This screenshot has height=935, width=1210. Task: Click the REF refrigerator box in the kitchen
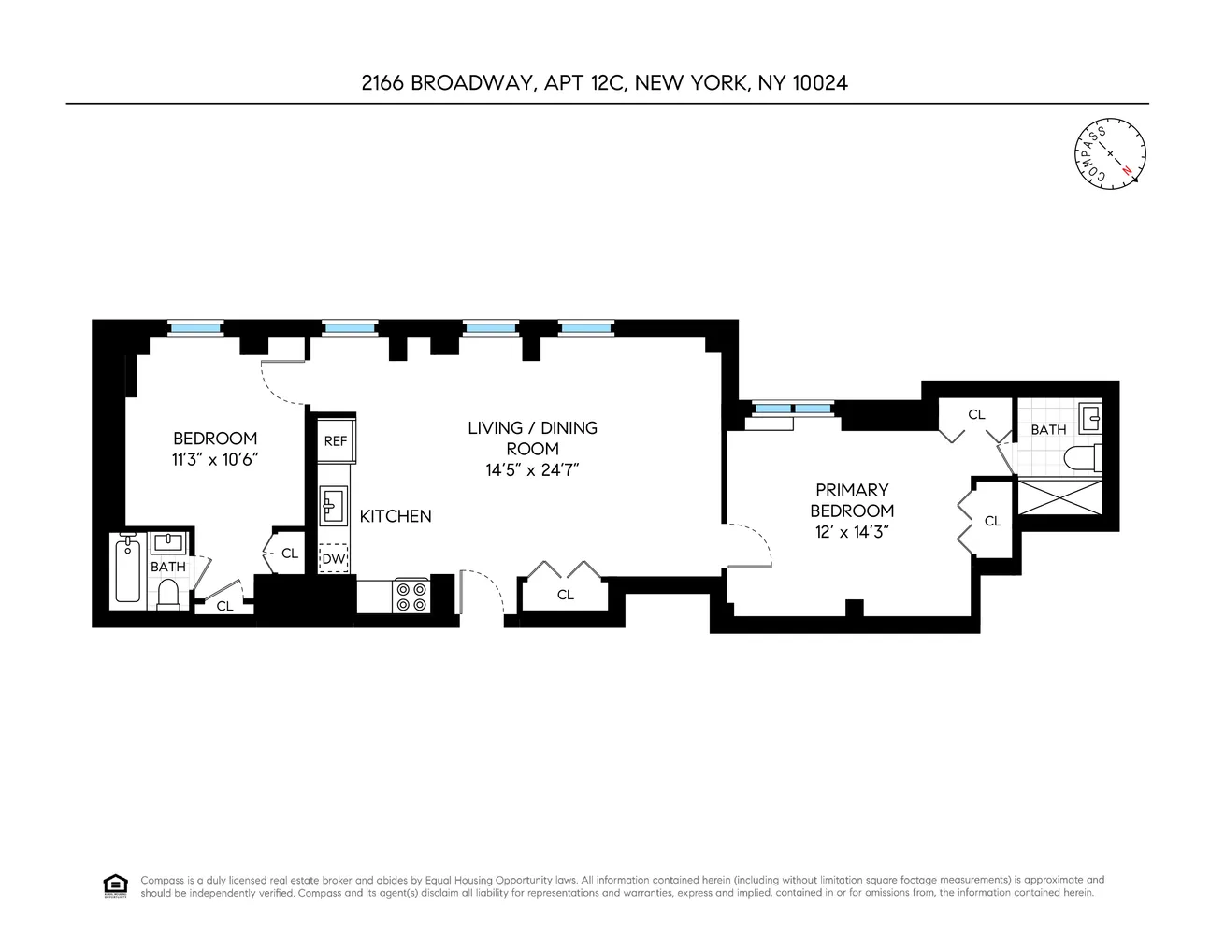(335, 440)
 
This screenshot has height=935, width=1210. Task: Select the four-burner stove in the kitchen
(411, 597)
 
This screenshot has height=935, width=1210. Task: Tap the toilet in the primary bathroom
(1085, 458)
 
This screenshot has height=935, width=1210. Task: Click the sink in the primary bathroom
(1089, 417)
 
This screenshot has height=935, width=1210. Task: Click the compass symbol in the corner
(1110, 151)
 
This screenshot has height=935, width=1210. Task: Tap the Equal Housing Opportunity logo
(114, 885)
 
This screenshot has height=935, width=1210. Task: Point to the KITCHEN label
(396, 516)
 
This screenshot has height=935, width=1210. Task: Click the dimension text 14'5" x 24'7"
(533, 470)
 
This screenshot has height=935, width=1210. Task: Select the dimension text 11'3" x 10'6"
(215, 459)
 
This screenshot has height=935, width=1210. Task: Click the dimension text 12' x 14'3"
(852, 532)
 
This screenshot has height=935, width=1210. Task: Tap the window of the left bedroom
(195, 327)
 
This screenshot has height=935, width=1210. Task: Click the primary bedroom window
(791, 408)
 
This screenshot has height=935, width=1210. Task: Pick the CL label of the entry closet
(565, 595)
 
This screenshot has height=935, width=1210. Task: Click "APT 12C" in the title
(583, 82)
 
